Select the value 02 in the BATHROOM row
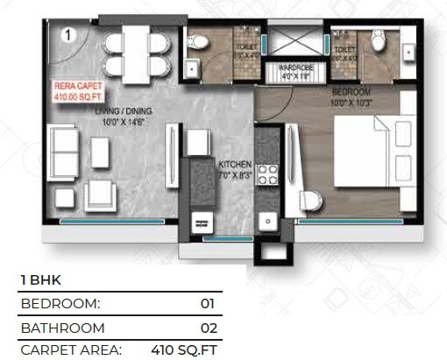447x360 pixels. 206,328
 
